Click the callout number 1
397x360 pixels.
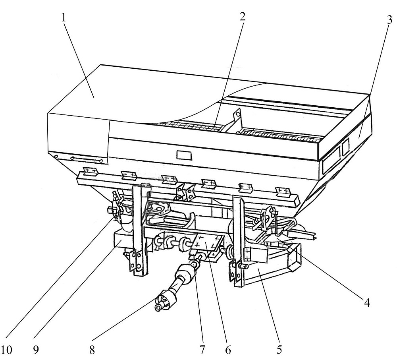64,18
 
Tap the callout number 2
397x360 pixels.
242,17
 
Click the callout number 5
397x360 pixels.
279,349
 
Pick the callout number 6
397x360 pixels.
228,350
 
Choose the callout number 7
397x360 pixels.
202,350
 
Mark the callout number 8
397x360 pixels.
92,350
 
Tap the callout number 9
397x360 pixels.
36,350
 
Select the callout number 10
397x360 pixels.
7,350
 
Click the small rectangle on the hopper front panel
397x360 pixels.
184,155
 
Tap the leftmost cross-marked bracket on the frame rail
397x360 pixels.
91,171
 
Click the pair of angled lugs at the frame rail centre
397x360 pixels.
185,191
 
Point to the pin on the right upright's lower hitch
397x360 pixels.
243,266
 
